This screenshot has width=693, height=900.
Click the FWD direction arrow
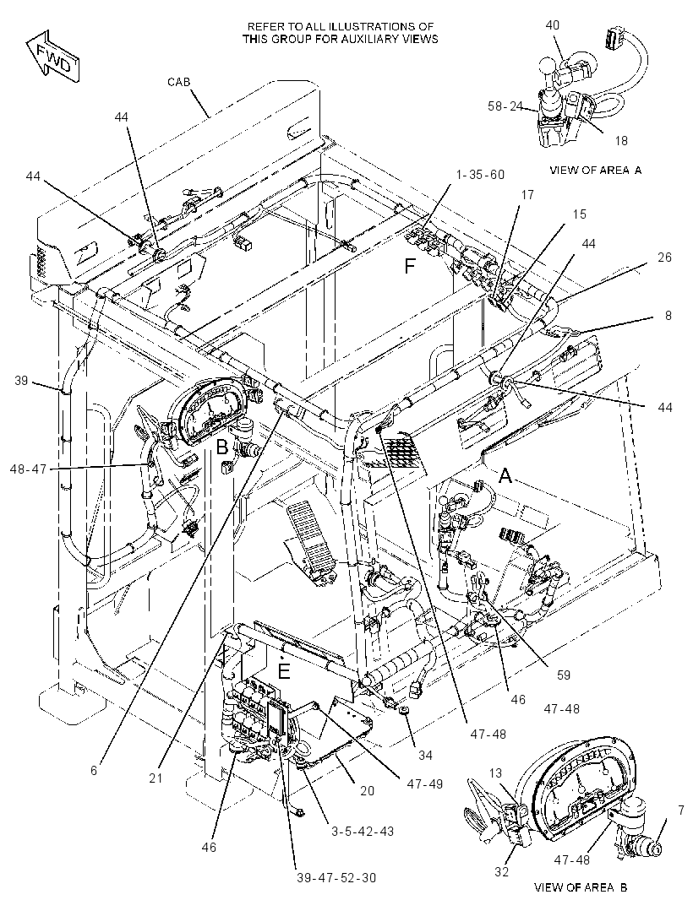point(52,57)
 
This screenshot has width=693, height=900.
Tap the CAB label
point(178,82)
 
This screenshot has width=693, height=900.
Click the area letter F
point(409,266)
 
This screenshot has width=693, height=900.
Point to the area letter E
point(284,671)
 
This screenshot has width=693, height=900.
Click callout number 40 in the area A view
point(552,25)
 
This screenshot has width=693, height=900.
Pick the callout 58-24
point(505,106)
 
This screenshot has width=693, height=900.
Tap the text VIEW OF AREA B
point(581,886)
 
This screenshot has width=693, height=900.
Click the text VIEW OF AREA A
point(596,170)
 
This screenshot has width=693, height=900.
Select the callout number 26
point(664,258)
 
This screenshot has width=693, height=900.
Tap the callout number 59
point(564,675)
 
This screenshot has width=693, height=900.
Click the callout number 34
point(424,756)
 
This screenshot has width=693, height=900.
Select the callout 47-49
point(424,783)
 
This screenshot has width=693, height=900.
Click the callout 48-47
point(28,469)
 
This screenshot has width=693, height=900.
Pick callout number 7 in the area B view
point(681,811)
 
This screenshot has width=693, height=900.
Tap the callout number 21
point(156,778)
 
